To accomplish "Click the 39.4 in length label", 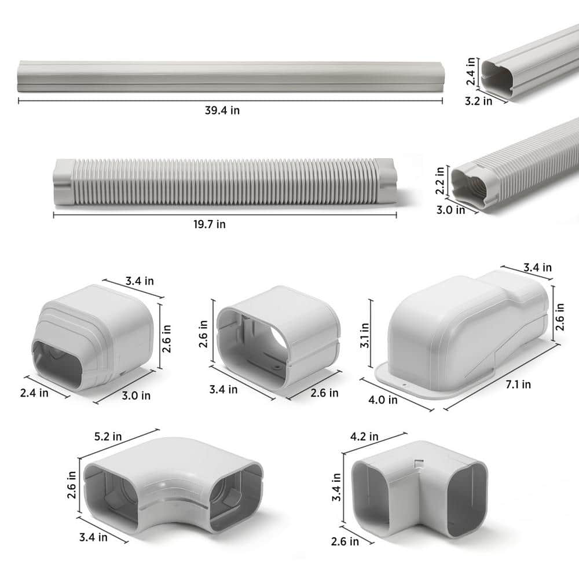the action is tap(222, 110).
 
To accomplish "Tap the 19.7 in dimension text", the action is tap(210, 224).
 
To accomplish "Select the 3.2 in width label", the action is tap(478, 101).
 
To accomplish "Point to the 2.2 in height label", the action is tap(439, 180).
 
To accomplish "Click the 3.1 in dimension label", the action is tap(364, 335).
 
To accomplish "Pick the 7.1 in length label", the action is tap(518, 384).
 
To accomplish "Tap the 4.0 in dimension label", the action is tap(383, 400).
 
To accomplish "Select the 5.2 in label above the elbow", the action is tap(108, 437).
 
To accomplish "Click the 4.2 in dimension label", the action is tap(364, 437).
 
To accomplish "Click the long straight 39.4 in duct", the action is tap(230, 77).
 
